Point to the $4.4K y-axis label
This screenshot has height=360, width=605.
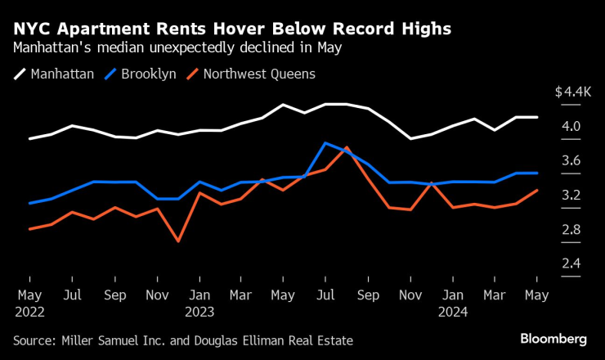tap(572, 92)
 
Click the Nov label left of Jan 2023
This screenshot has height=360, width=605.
tap(157, 293)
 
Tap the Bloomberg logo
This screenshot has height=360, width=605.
tap(553, 338)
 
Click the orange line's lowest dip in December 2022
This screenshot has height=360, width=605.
tap(177, 241)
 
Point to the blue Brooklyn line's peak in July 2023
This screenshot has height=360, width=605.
tap(325, 143)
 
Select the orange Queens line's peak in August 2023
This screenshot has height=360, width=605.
tap(347, 147)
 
